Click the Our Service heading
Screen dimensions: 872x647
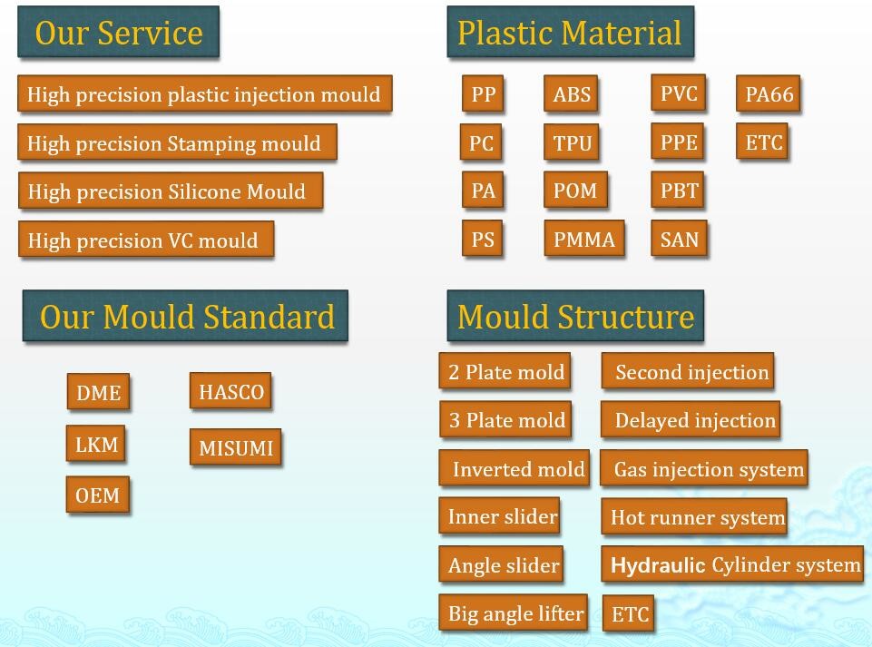click(x=119, y=33)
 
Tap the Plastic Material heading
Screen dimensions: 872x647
click(x=571, y=33)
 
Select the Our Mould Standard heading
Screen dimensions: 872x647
click(x=186, y=316)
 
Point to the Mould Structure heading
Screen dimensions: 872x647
click(x=575, y=316)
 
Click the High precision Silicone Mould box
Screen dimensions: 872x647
click(x=171, y=191)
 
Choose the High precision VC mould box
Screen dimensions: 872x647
click(x=146, y=240)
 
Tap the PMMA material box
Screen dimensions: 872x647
click(x=584, y=239)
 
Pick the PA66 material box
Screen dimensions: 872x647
click(x=769, y=94)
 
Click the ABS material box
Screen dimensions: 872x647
click(x=572, y=94)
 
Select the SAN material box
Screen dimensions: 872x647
click(x=679, y=239)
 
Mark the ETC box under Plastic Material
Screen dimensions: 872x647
click(x=762, y=142)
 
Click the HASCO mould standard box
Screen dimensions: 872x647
click(x=230, y=392)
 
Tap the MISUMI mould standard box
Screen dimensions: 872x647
click(x=236, y=446)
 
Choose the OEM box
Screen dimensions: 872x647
click(x=98, y=494)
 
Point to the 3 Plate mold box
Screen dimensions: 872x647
click(x=505, y=419)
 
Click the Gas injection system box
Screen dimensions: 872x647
click(x=704, y=468)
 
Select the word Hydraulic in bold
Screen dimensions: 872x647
click(x=658, y=564)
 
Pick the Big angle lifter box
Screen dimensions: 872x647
click(x=514, y=613)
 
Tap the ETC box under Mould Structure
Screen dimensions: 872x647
click(x=629, y=613)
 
